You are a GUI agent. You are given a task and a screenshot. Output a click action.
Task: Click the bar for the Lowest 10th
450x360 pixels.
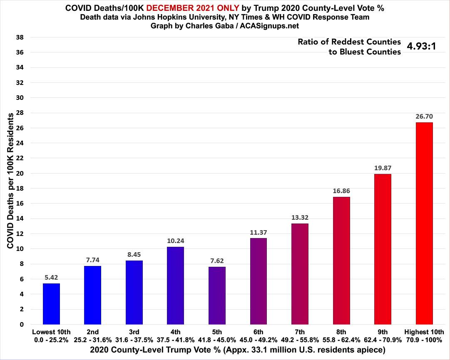tap(51, 304)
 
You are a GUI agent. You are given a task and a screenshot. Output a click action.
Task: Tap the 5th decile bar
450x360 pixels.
tap(217, 295)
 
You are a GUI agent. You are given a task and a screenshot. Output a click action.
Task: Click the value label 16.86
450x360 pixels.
tap(341, 191)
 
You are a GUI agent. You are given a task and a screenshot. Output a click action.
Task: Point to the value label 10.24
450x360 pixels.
tap(176, 241)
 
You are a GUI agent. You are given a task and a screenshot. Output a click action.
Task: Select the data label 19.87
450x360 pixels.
tap(383, 168)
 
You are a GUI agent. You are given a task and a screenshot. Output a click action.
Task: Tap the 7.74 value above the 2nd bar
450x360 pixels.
tap(92, 260)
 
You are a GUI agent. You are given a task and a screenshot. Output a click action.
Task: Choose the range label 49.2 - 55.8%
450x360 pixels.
tap(300, 339)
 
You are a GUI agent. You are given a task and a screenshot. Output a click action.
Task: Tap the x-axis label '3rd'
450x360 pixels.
tap(134, 332)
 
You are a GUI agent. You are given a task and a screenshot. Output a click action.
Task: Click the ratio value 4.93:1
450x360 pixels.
tap(421, 46)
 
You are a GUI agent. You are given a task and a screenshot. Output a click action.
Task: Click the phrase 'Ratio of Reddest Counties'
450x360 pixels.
tap(349, 42)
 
